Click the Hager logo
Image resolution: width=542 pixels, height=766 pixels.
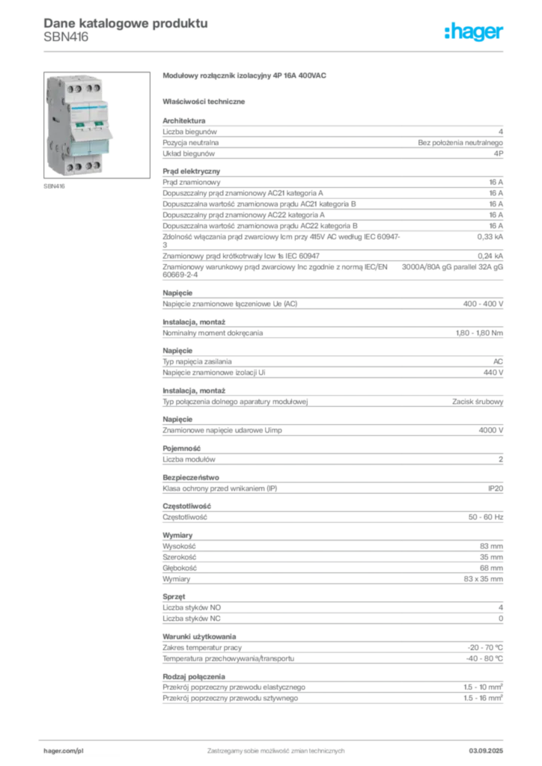(x=473, y=31)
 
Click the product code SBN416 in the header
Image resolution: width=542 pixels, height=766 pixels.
(x=66, y=37)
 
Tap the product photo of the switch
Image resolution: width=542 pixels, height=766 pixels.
(x=97, y=125)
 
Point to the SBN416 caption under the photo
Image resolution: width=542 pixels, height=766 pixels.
(x=54, y=186)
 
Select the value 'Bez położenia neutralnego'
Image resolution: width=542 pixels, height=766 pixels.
(x=460, y=143)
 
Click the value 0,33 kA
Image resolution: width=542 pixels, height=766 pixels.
(x=490, y=237)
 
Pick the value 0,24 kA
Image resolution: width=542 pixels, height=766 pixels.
(x=490, y=256)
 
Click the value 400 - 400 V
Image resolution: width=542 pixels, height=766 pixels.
(x=483, y=304)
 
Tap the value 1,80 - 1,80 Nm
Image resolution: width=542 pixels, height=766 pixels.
(x=479, y=333)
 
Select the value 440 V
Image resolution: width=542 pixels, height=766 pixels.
(x=493, y=373)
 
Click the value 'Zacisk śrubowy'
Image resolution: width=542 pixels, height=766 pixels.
(x=478, y=402)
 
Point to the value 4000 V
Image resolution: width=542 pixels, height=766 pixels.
(x=490, y=430)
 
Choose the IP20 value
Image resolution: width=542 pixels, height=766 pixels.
(x=496, y=488)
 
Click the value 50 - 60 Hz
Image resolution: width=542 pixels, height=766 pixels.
(x=485, y=517)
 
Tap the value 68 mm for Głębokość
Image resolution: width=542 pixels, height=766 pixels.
(x=491, y=569)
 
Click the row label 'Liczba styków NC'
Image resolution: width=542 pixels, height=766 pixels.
(x=192, y=619)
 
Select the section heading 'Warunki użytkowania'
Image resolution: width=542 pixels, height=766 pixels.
(x=199, y=637)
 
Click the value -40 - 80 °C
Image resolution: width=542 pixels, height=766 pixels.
(x=484, y=658)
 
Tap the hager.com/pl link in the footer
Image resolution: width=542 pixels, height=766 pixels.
(x=64, y=751)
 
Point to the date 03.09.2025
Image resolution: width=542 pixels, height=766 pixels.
(x=486, y=751)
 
